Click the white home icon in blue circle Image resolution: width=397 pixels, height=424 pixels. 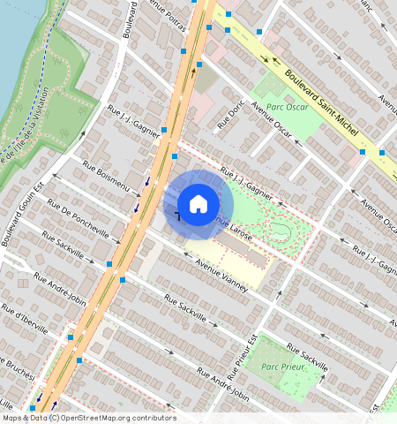(x=198, y=204)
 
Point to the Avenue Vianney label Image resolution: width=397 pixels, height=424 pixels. (x=221, y=269)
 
